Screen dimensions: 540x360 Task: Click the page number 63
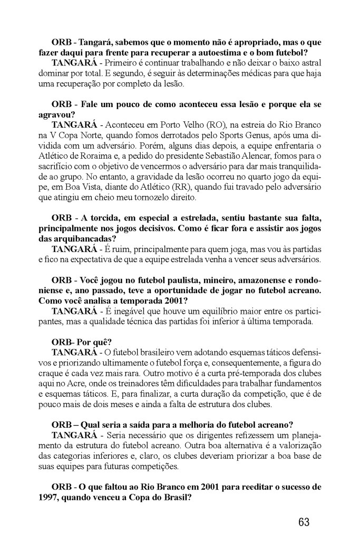coord(304,522)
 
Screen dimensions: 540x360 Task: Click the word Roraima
coord(94,156)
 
